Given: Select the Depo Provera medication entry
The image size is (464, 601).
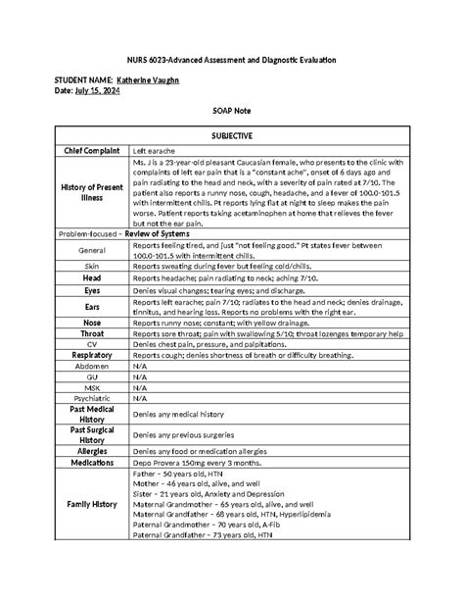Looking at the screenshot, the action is click(196, 462).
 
